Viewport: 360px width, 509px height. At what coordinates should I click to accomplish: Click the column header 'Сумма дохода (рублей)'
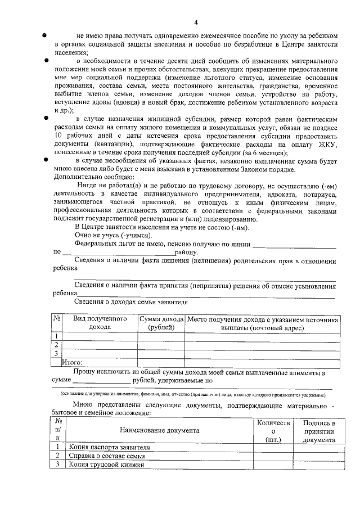click(x=161, y=323)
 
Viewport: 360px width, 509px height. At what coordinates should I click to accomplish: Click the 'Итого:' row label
click(x=72, y=363)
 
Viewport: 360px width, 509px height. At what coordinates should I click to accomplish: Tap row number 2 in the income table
click(x=56, y=345)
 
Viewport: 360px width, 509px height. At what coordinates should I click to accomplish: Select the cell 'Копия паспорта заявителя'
click(x=110, y=447)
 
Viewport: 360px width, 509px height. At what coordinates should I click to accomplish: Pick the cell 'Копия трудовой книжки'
click(x=106, y=465)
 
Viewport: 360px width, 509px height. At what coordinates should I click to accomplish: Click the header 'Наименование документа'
click(x=159, y=431)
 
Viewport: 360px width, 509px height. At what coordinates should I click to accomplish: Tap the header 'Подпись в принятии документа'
click(x=319, y=431)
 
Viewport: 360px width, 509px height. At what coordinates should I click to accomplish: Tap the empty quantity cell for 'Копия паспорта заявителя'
click(x=273, y=447)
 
